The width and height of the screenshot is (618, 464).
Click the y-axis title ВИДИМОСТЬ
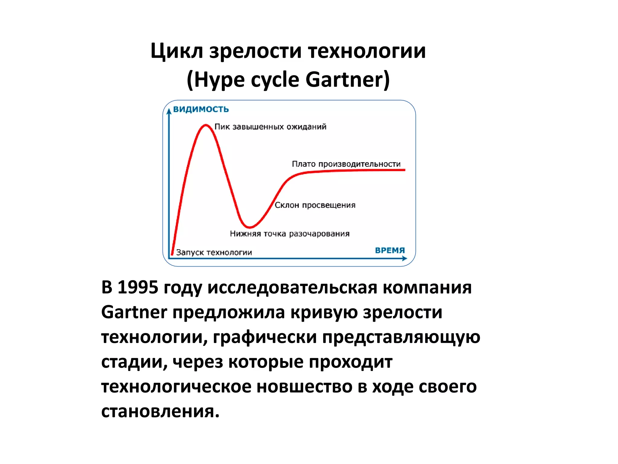[201, 109]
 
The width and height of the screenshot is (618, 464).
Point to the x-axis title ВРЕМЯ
[390, 250]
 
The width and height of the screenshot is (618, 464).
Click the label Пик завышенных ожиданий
[270, 127]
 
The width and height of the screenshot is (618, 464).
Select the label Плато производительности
[346, 164]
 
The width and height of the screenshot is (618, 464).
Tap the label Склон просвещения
[315, 205]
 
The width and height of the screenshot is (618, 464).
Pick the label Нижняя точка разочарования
[290, 234]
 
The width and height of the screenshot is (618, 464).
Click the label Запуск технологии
[214, 252]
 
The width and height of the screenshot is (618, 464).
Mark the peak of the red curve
[206, 125]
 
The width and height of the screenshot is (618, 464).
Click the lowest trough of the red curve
[250, 227]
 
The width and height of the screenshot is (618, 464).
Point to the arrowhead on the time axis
[405, 259]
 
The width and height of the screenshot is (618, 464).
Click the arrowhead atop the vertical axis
[169, 111]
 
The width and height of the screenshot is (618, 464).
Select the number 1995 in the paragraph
[138, 287]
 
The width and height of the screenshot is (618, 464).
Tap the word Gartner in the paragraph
[134, 312]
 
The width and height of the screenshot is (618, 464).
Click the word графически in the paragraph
[265, 337]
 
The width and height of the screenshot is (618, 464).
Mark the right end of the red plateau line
[404, 170]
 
